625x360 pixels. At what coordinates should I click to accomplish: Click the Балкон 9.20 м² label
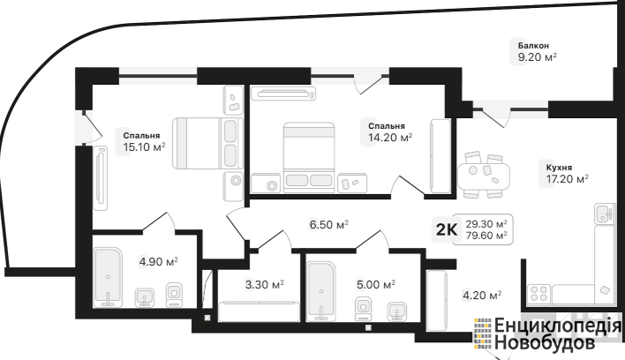(537, 52)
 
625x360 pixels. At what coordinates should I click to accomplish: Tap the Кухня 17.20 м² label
(567, 174)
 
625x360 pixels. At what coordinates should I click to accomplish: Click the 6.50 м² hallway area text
(329, 225)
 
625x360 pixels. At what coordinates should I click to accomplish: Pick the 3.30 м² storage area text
(264, 285)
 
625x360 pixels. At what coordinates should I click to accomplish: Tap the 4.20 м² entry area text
(482, 295)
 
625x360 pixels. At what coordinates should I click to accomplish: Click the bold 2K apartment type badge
(447, 229)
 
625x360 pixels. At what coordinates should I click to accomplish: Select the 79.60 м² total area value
(486, 236)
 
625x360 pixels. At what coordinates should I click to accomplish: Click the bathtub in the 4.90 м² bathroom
(107, 277)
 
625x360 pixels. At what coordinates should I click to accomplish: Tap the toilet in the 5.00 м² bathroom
(363, 309)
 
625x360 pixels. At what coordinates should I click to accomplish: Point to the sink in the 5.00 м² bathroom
(397, 311)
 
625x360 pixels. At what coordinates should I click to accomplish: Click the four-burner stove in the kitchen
(538, 295)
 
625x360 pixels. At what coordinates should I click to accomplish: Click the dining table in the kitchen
(484, 175)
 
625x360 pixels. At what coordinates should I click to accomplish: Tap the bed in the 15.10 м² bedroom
(207, 142)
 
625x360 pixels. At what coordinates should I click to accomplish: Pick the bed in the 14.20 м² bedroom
(309, 157)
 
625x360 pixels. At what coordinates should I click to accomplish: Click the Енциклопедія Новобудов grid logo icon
(483, 334)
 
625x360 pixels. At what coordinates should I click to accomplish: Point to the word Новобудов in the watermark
(545, 342)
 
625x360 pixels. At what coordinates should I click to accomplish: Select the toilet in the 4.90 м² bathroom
(174, 295)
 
